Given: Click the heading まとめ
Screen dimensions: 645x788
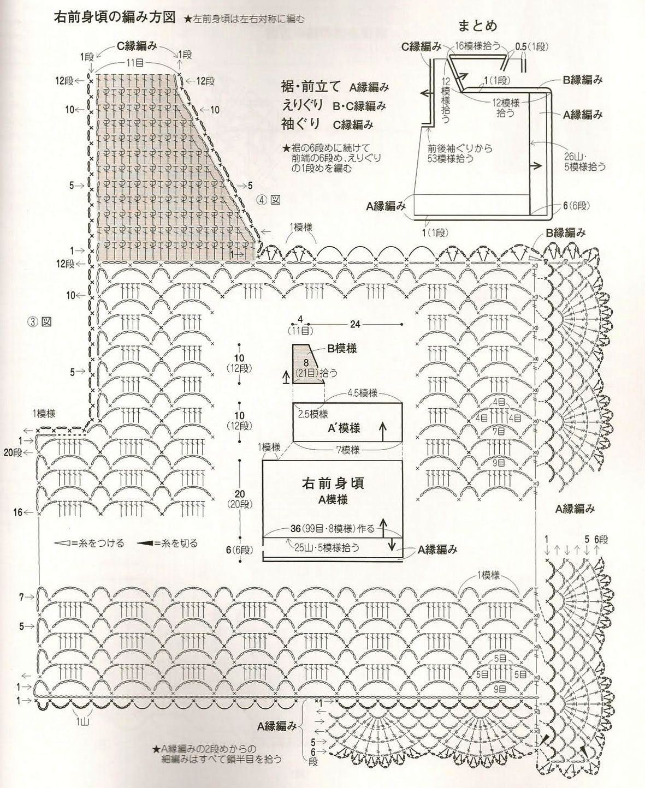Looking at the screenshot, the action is point(477,26).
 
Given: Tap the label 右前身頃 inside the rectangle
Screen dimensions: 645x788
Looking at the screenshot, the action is point(333,483).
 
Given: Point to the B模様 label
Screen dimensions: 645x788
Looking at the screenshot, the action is point(342,348).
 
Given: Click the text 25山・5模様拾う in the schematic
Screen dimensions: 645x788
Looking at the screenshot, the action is point(327,546).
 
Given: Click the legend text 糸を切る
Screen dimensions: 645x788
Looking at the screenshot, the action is point(180,544).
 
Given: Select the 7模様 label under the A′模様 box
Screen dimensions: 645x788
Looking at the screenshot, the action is point(347,450).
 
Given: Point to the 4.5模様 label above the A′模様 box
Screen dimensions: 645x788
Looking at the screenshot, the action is point(363,393).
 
